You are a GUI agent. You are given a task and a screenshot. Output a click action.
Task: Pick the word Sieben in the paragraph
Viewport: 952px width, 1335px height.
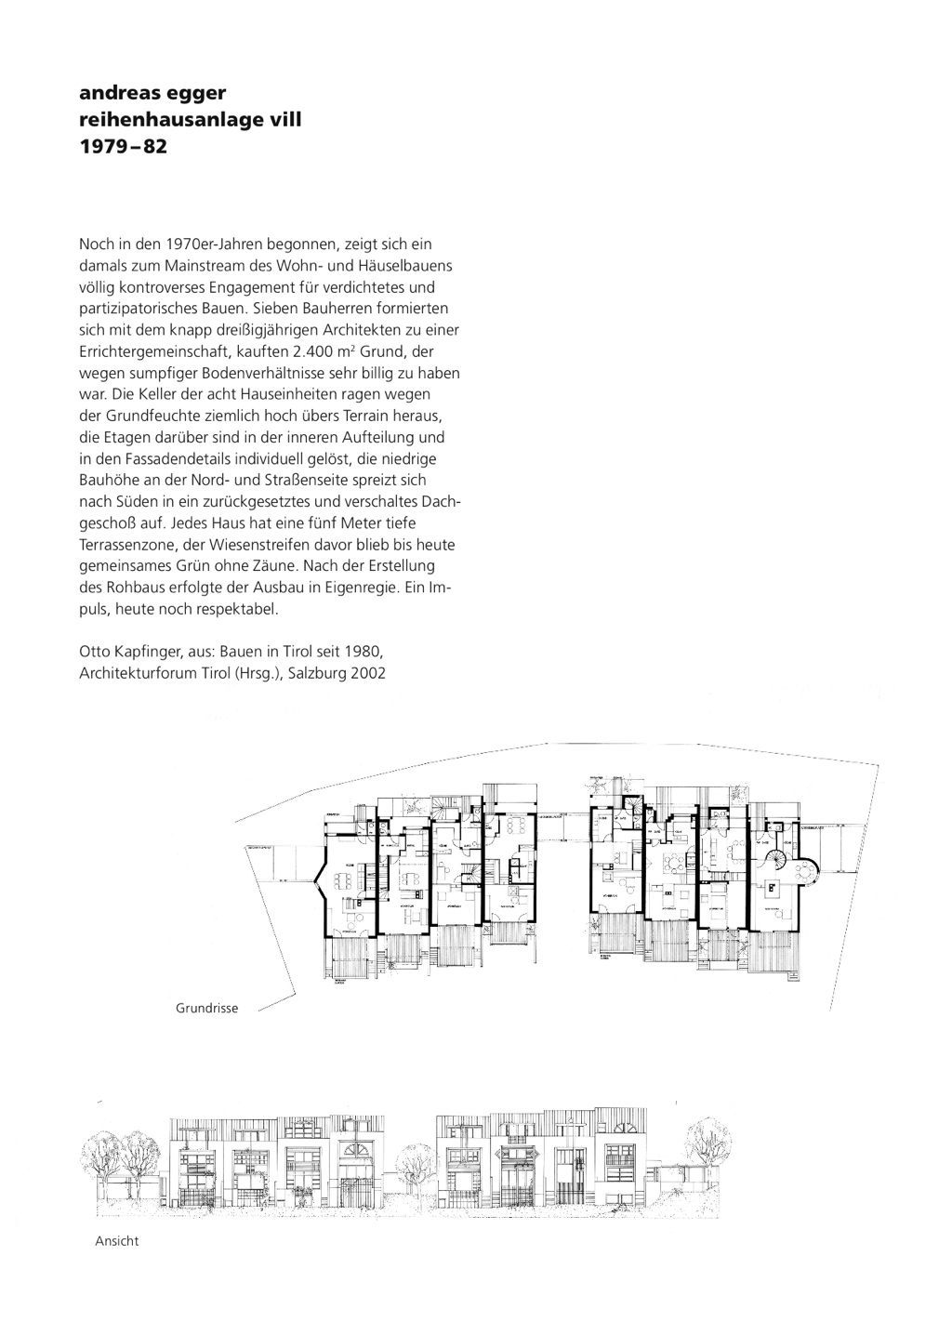[x=308, y=309]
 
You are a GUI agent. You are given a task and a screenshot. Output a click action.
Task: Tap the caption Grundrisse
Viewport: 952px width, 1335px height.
[x=207, y=1008]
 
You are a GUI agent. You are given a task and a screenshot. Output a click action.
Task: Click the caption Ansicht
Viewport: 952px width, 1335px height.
[x=117, y=1241]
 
